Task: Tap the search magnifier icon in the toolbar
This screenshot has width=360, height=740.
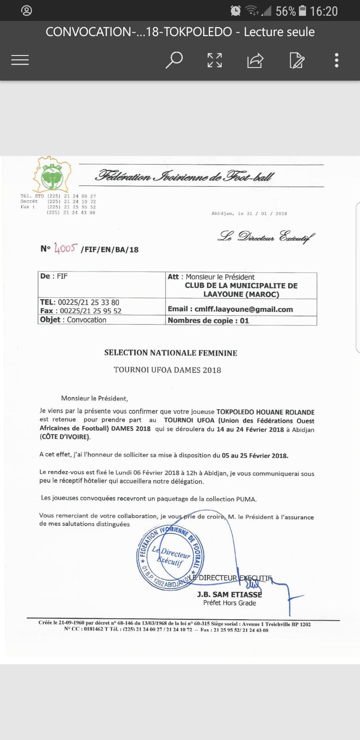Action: [174, 60]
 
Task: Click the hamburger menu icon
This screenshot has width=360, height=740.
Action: [20, 60]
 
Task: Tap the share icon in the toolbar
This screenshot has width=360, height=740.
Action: [255, 60]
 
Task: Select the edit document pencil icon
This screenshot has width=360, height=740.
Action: [297, 60]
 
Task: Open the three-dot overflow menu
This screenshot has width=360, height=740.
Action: [336, 60]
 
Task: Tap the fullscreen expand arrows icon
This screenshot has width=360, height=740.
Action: [214, 60]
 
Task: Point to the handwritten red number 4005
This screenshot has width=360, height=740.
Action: [65, 248]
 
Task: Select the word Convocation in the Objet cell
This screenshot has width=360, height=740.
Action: [87, 320]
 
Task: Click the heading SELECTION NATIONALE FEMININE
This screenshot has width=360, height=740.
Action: [171, 353]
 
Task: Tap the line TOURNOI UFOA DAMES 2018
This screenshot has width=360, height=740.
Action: [168, 370]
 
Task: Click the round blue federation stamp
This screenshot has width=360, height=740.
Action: [170, 557]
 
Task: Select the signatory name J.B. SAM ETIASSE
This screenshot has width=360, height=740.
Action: [229, 594]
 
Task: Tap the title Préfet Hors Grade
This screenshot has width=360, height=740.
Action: [230, 603]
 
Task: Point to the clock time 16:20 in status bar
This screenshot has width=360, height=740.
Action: [323, 11]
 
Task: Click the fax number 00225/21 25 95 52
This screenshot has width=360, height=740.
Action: [91, 311]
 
